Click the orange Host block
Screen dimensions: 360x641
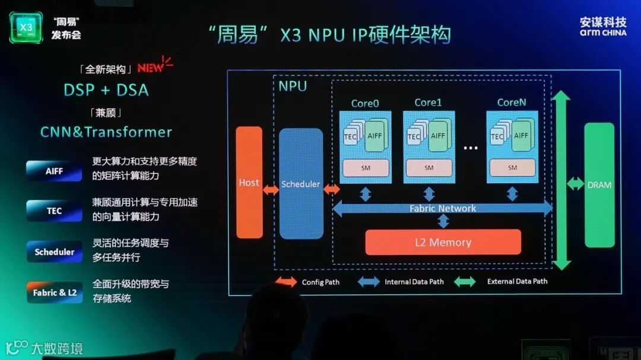coord(249,182)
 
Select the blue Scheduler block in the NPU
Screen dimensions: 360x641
coord(301,184)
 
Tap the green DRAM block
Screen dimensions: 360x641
coord(599,185)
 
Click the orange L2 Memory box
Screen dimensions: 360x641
coord(443,242)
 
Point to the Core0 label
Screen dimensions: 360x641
coord(365,103)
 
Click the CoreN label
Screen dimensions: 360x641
coord(512,102)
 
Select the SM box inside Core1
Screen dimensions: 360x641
coord(429,168)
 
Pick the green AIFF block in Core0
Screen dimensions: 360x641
coord(376,136)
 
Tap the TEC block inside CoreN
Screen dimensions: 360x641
coord(497,136)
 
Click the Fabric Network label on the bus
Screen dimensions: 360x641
coord(443,208)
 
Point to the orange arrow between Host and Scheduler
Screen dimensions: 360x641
coord(271,190)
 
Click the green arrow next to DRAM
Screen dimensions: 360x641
coord(575,184)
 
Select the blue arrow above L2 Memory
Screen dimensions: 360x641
coord(443,221)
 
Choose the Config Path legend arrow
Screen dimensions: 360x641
coord(286,282)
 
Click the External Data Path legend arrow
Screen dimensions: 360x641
coord(465,282)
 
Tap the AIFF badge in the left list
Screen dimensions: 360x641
coord(54,171)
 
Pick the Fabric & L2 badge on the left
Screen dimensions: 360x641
coord(55,292)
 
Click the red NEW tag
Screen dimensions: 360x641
coord(152,66)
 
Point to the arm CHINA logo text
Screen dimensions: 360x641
coord(603,33)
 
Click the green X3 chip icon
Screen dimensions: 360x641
coord(26,27)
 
